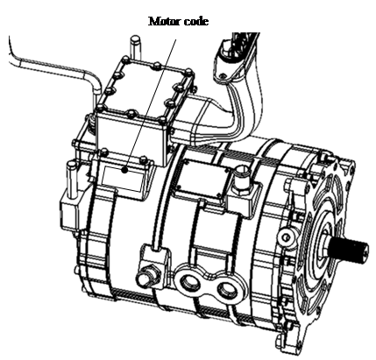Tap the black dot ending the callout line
125,170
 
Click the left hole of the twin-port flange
190,283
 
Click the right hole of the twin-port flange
227,289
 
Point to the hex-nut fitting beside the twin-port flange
148,275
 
